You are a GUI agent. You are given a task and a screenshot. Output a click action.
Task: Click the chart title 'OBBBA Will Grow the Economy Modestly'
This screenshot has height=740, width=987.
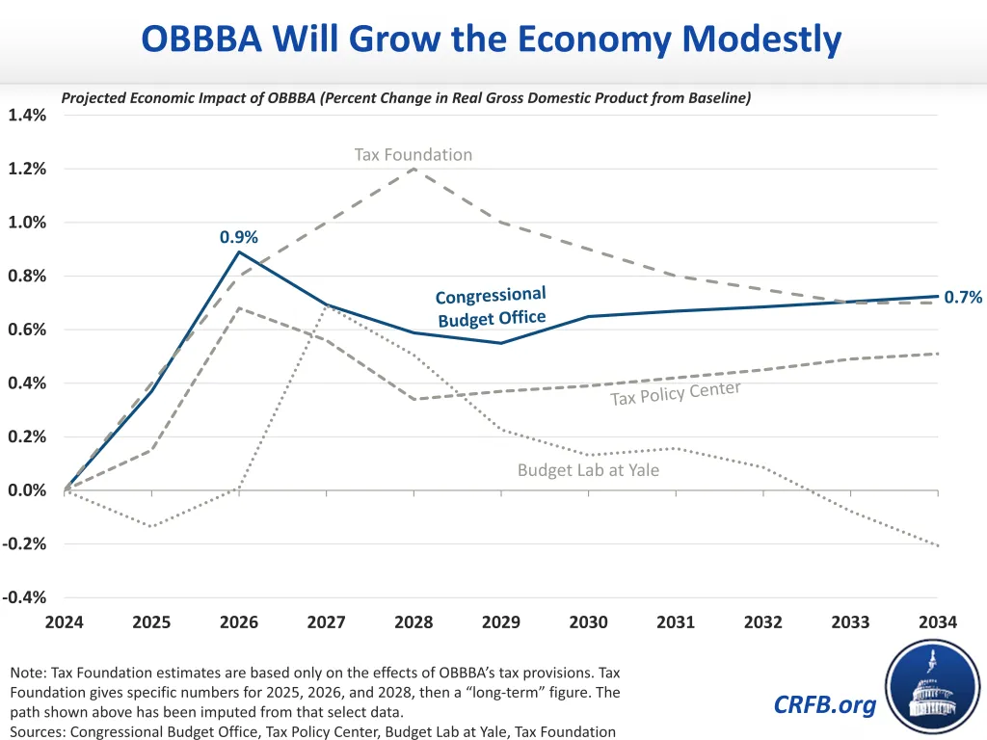click(x=492, y=40)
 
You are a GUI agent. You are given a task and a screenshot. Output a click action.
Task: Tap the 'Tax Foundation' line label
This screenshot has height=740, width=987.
click(x=413, y=154)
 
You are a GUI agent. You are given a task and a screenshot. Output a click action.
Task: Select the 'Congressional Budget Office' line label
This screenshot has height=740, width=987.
click(x=492, y=306)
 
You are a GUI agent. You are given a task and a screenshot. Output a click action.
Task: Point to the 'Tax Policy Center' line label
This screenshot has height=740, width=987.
click(x=676, y=393)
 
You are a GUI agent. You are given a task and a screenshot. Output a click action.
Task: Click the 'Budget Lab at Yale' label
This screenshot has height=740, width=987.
click(x=588, y=470)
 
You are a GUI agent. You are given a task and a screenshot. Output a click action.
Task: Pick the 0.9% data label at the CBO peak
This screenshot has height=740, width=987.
click(x=239, y=236)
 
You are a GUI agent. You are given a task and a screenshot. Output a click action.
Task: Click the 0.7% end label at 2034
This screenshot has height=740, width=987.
click(x=963, y=298)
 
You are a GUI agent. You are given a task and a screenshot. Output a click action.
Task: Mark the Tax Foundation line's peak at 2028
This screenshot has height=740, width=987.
click(x=413, y=169)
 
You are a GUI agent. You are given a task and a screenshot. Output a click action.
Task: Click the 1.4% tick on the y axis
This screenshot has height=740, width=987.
click(x=27, y=116)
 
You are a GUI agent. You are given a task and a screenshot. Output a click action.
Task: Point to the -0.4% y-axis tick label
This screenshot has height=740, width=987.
click(x=25, y=597)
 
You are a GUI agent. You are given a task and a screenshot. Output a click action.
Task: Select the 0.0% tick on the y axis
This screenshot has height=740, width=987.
click(x=27, y=490)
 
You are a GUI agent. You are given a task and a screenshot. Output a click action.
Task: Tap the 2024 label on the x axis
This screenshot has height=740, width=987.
click(x=65, y=621)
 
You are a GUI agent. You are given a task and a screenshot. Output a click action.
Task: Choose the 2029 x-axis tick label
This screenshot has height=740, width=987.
click(x=501, y=621)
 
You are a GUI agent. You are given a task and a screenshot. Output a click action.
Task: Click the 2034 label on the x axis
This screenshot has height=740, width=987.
click(x=938, y=621)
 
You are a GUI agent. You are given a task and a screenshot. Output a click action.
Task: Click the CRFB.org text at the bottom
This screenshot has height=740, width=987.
click(x=825, y=705)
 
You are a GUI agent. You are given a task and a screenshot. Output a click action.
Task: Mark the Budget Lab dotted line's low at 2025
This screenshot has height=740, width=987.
click(x=151, y=526)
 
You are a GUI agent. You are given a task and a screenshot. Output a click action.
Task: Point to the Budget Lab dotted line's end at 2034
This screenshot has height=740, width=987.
click(x=938, y=545)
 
